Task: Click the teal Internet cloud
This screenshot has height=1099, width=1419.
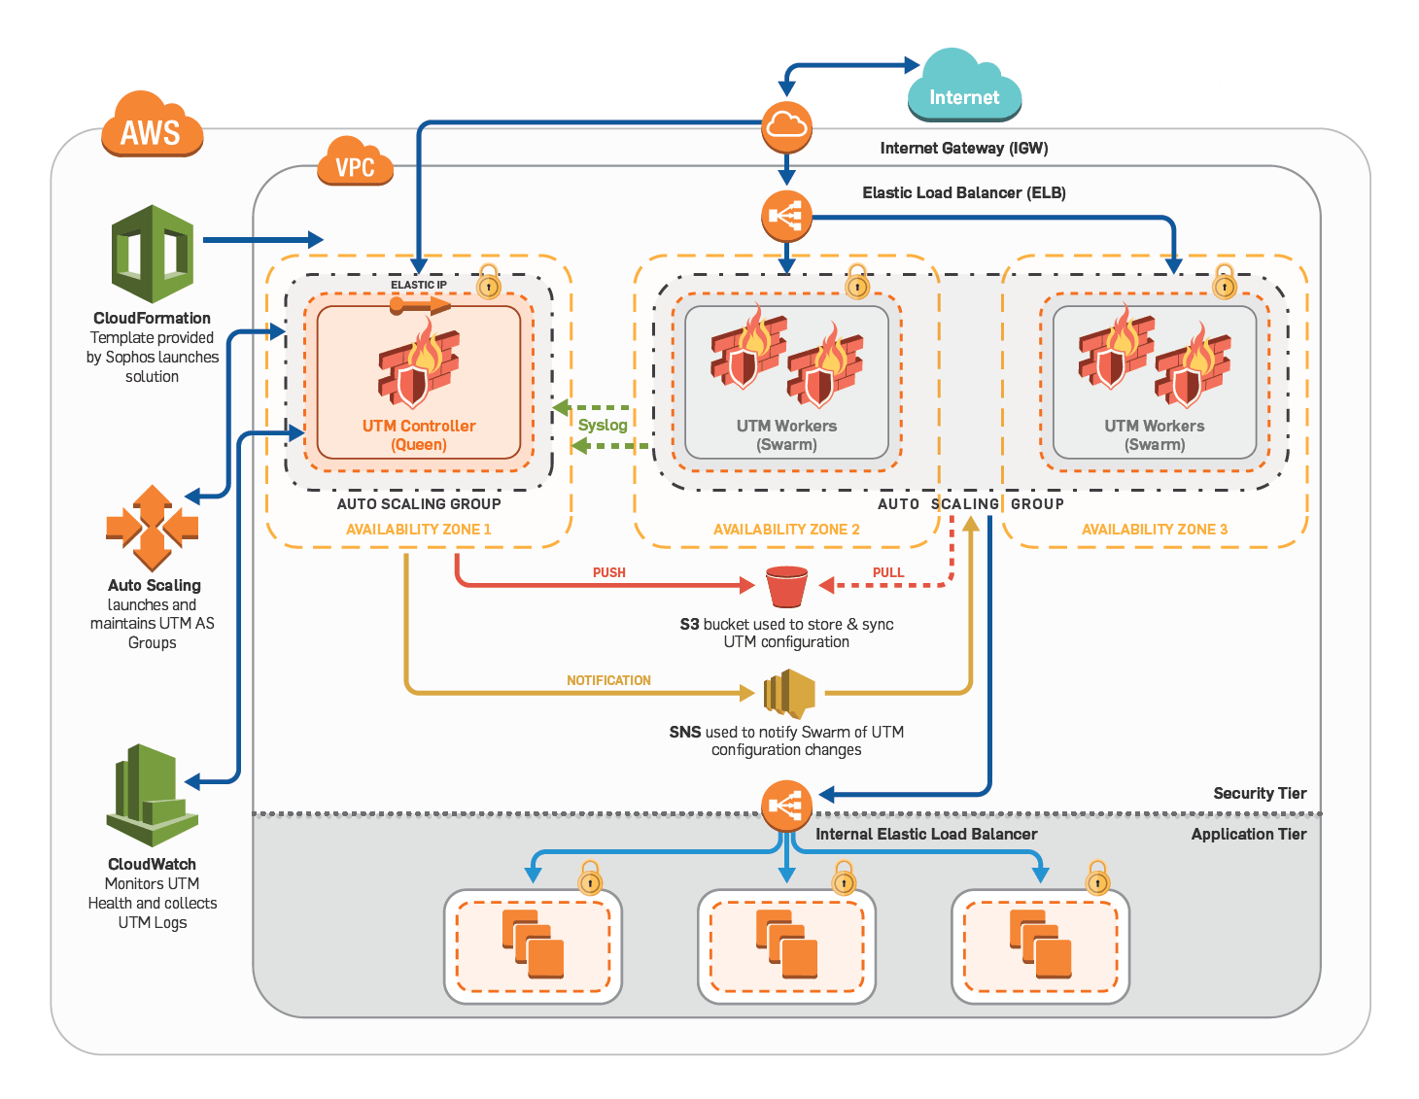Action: coord(964,87)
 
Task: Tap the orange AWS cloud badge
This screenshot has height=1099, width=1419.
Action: coord(152,126)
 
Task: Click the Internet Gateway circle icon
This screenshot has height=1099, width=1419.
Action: coord(786,126)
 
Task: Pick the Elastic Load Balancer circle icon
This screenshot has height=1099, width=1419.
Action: coord(786,216)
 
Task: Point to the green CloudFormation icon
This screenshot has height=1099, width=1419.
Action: coord(153,254)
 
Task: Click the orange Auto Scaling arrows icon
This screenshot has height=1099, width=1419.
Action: coord(153,528)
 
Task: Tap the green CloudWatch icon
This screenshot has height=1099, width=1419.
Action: coord(153,796)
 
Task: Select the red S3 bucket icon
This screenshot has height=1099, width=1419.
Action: coord(786,586)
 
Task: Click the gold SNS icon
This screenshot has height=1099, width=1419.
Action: coord(788,693)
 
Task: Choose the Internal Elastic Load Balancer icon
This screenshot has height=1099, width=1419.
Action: coord(786,806)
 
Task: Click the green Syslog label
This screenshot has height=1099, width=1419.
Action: coord(603,425)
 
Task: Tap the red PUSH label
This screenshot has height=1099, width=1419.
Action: coord(609,572)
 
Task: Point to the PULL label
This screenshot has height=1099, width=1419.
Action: coord(888,572)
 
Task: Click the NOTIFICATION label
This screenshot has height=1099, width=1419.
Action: coord(608,680)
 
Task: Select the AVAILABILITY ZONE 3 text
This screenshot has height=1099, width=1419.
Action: coord(1155,530)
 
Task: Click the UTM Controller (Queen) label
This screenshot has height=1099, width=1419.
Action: coord(419,435)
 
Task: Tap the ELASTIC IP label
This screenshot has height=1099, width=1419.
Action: coord(419,285)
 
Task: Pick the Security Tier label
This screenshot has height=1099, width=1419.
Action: coord(1260,793)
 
